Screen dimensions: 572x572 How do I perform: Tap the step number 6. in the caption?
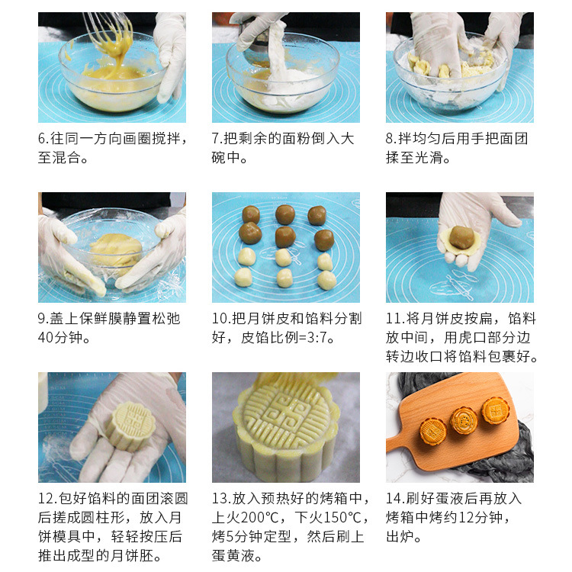(x=43, y=139)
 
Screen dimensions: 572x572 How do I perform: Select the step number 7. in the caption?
(x=217, y=139)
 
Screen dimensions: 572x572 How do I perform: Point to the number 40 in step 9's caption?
(x=46, y=337)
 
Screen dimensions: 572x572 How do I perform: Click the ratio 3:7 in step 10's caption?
(x=317, y=337)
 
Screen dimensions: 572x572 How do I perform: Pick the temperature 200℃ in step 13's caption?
(x=261, y=517)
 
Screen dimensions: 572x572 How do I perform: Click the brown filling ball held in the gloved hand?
(x=462, y=237)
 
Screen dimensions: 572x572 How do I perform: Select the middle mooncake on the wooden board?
(x=463, y=420)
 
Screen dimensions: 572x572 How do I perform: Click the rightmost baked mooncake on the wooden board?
(x=496, y=410)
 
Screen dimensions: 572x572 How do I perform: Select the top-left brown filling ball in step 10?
(x=251, y=214)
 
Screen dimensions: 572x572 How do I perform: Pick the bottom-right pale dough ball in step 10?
(x=326, y=280)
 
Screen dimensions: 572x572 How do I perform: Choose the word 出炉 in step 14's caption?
(x=400, y=537)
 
